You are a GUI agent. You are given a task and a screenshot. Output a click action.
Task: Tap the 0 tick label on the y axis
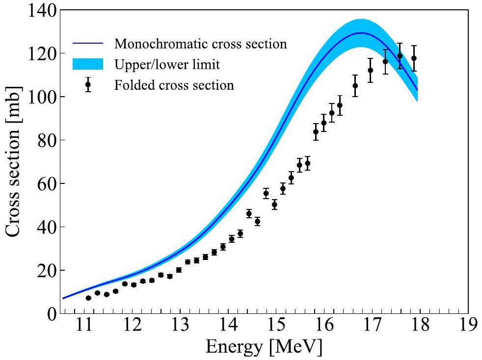coord(51,314)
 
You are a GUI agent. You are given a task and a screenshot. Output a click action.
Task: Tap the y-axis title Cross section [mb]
coord(15,162)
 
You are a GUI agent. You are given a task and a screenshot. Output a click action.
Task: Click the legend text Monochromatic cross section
coord(200,44)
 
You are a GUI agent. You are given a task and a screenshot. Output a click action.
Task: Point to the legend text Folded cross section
coord(174,85)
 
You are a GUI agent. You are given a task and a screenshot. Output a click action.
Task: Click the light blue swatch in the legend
coord(88,64)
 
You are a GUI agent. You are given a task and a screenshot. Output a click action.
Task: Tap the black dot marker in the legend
coord(88,84)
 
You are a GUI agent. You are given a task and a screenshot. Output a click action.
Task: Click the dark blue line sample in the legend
coord(88,44)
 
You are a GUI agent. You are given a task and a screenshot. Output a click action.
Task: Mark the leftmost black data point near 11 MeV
coord(88,298)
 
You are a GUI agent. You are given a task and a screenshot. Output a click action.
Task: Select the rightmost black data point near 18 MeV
coord(414,58)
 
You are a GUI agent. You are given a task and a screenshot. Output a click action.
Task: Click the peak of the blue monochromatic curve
coord(361,33)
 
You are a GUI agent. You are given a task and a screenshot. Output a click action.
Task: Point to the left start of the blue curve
coord(63,298)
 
